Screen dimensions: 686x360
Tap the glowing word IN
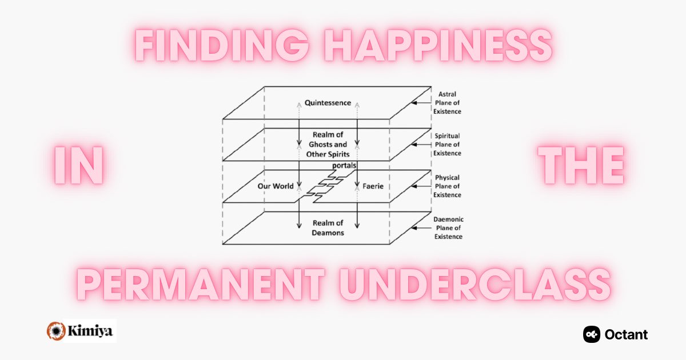[x=79, y=166]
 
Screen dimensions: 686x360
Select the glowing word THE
[x=583, y=166]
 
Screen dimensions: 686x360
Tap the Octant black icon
[x=592, y=334]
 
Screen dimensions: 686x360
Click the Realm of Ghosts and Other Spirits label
[x=328, y=144]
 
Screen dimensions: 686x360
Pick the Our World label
[x=276, y=186]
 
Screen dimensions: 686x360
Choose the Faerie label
[x=372, y=186]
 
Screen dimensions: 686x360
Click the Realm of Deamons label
[x=328, y=227]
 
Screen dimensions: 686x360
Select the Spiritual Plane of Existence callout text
[x=447, y=145]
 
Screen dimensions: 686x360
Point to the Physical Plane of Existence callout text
[x=447, y=186]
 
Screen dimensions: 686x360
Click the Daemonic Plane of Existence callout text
[x=448, y=228]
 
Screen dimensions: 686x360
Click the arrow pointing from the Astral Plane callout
[x=422, y=103]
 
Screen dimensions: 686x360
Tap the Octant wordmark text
[x=627, y=334]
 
